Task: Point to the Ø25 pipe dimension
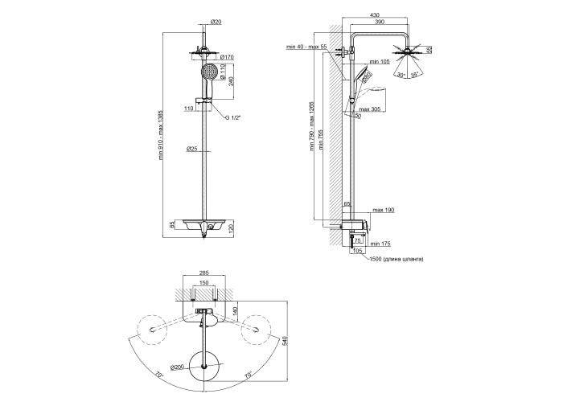pyautogui.click(x=193, y=149)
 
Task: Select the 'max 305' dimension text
pyautogui.click(x=371, y=109)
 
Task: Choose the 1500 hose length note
pyautogui.click(x=396, y=260)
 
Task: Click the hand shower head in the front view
pyautogui.click(x=211, y=73)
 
